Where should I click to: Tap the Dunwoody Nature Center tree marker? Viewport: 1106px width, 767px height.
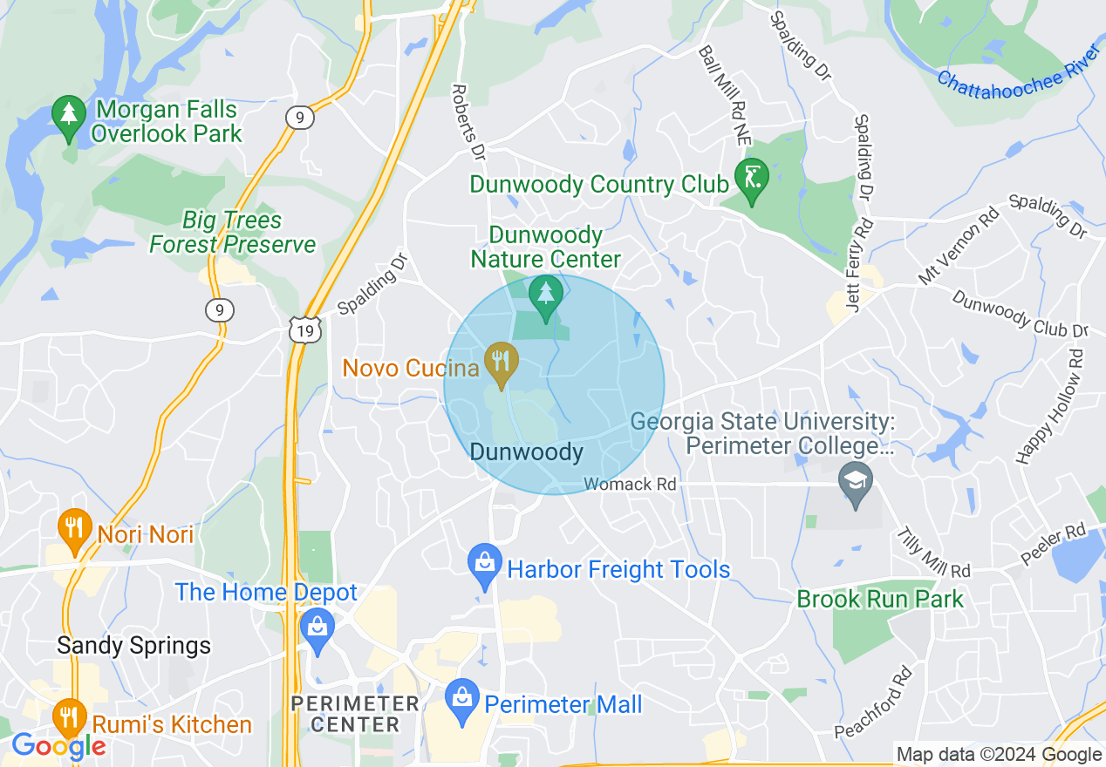tap(546, 294)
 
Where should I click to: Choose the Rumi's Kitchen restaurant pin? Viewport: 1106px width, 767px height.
tap(68, 717)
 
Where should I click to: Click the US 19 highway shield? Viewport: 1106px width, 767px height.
tap(305, 329)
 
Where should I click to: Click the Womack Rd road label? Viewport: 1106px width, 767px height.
tap(630, 484)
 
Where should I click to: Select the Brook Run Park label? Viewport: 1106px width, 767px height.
tap(880, 599)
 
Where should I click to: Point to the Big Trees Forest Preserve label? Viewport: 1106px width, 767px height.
tap(232, 233)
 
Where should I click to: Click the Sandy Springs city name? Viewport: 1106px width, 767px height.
tap(133, 646)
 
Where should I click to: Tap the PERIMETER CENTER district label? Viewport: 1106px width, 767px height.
tap(355, 714)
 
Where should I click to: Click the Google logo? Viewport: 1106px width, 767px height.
tap(58, 746)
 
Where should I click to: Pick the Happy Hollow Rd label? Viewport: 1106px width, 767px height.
tap(1049, 406)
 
